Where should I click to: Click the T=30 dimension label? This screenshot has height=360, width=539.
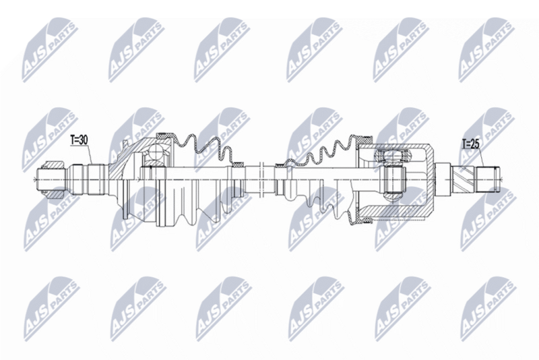(79, 140)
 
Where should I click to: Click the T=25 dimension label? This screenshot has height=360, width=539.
(470, 145)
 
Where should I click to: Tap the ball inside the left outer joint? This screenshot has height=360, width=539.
(156, 152)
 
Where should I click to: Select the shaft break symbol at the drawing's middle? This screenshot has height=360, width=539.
(261, 178)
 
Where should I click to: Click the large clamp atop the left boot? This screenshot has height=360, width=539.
(165, 135)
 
